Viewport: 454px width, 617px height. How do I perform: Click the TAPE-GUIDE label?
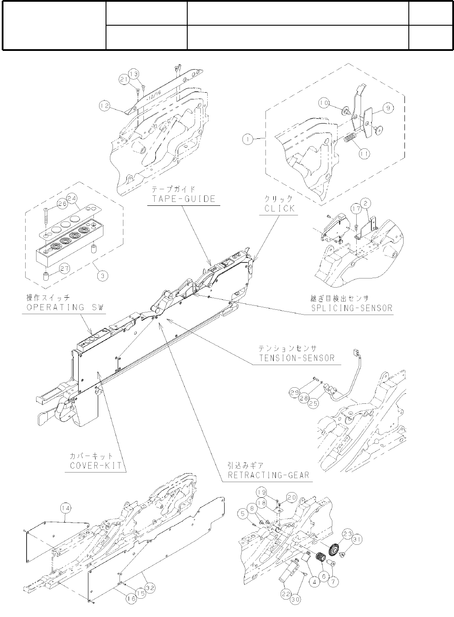coord(183,199)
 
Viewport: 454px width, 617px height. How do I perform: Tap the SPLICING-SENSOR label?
coord(352,308)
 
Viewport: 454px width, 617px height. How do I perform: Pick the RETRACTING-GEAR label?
coord(268,475)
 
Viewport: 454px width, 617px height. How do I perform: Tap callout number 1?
coord(247,139)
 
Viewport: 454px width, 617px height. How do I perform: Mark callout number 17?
coord(356,209)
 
